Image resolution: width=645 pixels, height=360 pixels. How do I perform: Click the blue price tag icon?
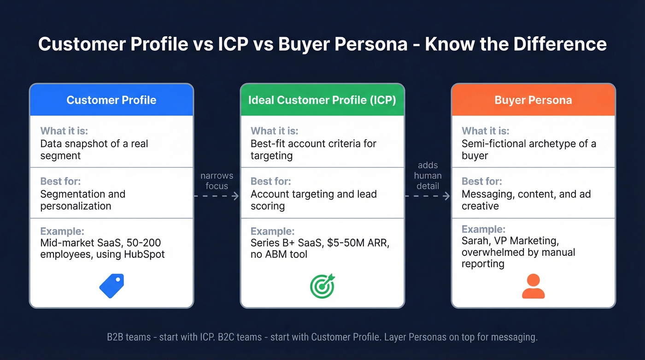click(111, 286)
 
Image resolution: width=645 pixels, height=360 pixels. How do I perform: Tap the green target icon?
click(322, 286)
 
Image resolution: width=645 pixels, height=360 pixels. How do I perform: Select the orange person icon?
click(533, 286)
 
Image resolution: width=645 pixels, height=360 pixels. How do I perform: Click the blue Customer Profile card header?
click(111, 100)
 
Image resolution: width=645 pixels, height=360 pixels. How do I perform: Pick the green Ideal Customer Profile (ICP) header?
click(322, 100)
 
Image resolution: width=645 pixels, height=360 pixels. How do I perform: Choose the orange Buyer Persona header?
click(533, 100)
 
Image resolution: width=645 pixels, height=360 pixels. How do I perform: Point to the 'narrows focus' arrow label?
click(217, 181)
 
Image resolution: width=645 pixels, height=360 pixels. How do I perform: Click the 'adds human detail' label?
click(428, 176)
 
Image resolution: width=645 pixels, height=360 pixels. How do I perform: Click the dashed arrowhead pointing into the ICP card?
click(236, 196)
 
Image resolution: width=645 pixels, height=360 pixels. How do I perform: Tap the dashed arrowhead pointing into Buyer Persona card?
click(446, 196)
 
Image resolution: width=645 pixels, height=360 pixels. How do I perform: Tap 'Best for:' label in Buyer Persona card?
click(482, 181)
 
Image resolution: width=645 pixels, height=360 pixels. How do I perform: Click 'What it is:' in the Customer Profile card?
click(64, 131)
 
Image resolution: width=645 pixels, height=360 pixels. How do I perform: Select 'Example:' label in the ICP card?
click(272, 231)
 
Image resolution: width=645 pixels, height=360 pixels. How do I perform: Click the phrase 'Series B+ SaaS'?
click(285, 243)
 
